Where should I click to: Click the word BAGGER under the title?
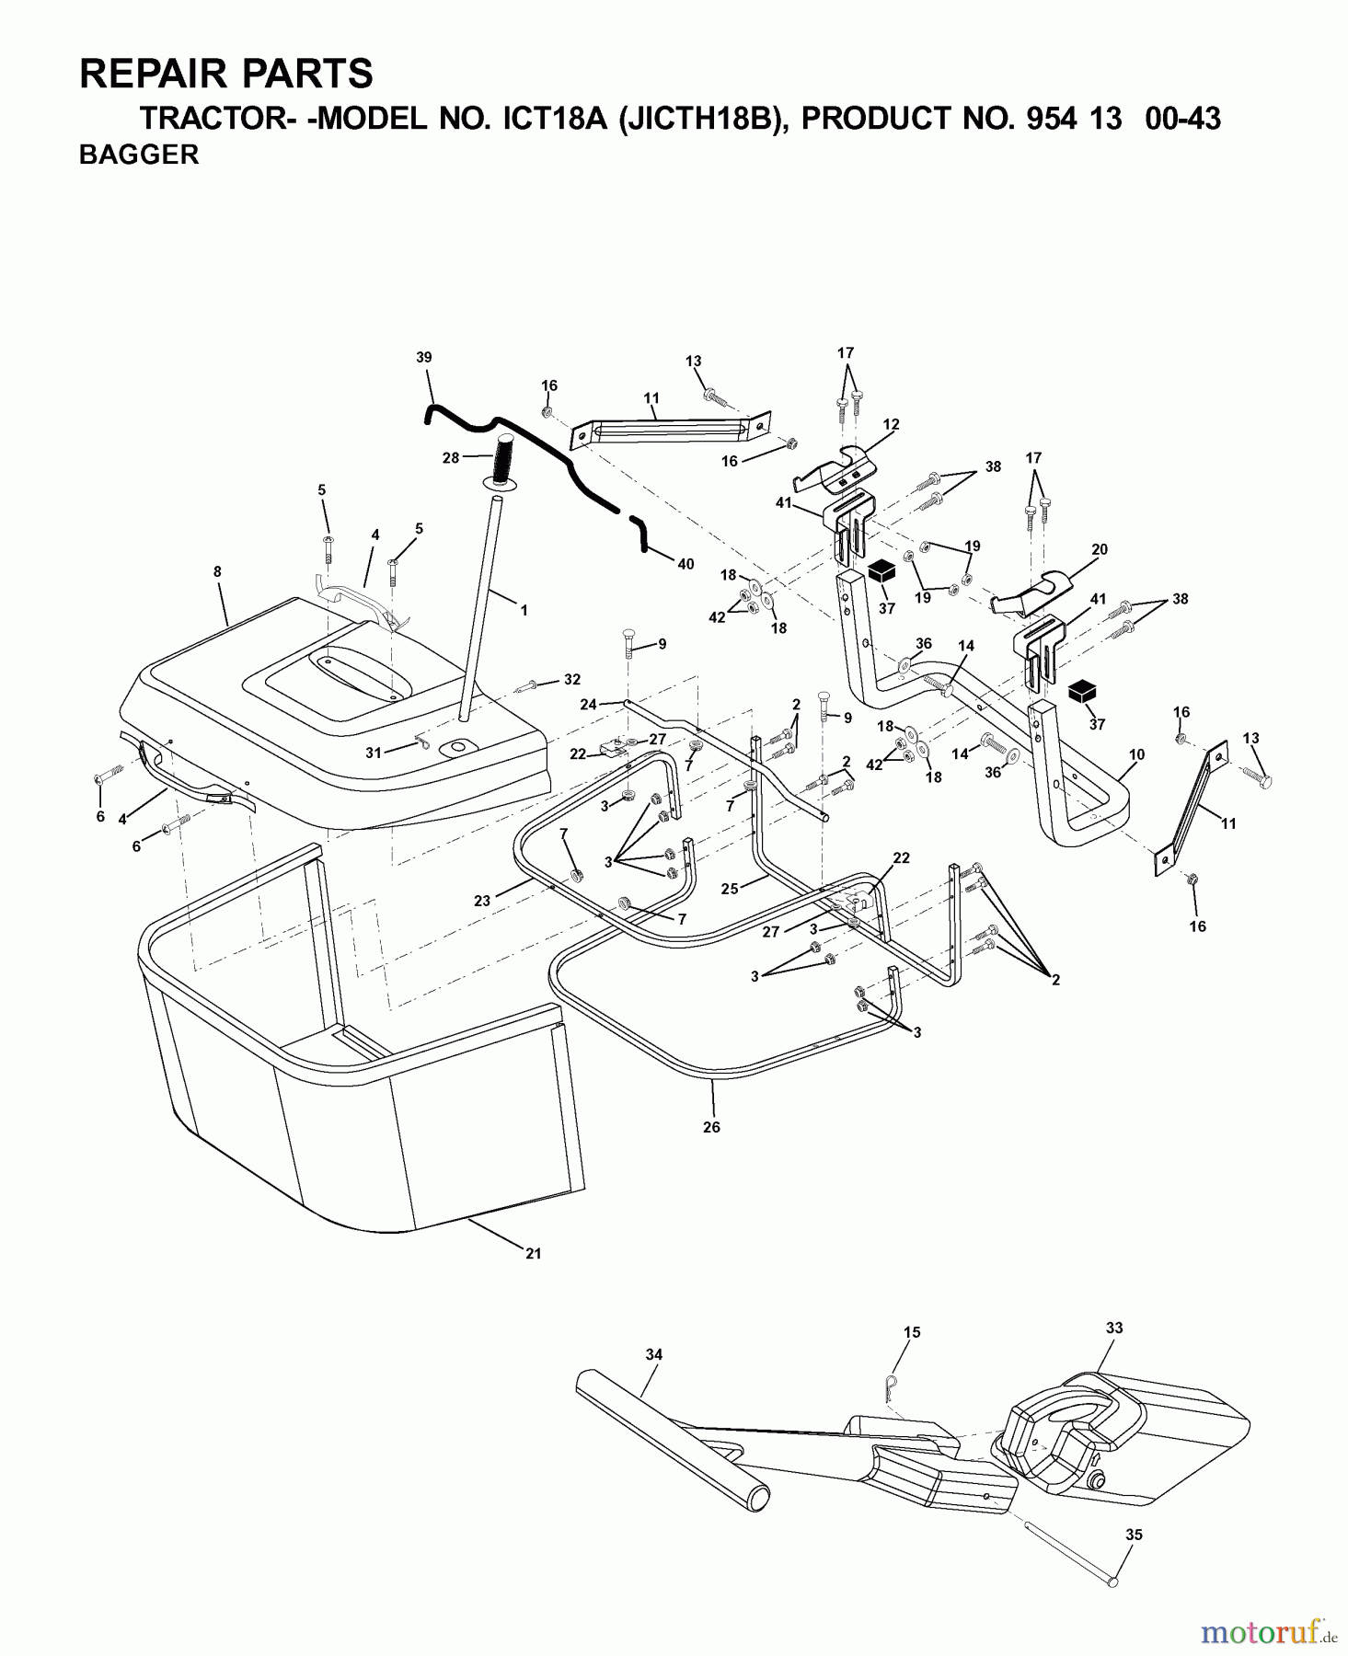[x=139, y=155]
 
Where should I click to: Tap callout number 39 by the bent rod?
[x=423, y=357]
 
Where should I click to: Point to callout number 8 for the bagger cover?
[x=217, y=571]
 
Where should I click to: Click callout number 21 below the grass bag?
[x=533, y=1253]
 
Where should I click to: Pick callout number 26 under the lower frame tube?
[x=711, y=1126]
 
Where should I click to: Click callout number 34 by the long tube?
[x=654, y=1354]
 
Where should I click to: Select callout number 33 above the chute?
[x=1114, y=1328]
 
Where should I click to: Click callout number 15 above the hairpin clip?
[x=911, y=1332]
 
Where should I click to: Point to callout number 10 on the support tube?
[x=1136, y=754]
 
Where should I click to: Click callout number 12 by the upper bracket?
[x=891, y=425]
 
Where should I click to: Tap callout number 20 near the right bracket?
[x=1099, y=549]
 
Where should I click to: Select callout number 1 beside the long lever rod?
[x=524, y=610]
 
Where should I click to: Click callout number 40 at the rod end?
[x=686, y=564]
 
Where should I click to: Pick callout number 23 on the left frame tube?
[x=482, y=901]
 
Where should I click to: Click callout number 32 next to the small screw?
[x=572, y=680]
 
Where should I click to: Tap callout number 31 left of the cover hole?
[x=373, y=753]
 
